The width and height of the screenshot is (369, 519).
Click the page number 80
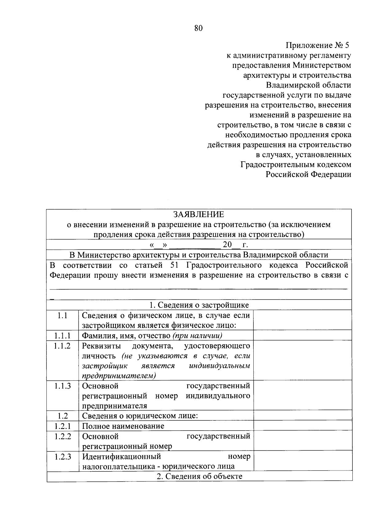pos(198,28)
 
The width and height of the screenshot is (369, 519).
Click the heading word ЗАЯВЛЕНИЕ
pos(198,214)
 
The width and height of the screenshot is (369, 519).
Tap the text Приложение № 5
pos(318,45)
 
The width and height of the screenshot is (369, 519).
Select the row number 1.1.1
pos(62,336)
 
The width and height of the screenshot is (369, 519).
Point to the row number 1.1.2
pos(62,346)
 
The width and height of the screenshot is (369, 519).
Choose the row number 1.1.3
pos(62,386)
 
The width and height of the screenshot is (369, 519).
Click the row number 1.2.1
pos(62,426)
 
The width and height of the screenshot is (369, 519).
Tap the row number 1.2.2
pos(62,436)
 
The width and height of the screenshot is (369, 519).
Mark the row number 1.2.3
pos(62,457)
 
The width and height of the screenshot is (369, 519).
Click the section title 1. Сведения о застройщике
pos(199,305)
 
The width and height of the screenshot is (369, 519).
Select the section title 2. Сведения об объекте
pos(199,476)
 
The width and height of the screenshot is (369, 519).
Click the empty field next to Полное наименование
pos(303,426)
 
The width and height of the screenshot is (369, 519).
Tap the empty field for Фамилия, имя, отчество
pos(303,336)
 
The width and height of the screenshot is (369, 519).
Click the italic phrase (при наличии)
pos(197,336)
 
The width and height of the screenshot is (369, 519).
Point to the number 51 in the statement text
pos(174,265)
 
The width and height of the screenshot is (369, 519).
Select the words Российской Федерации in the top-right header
pos(308,175)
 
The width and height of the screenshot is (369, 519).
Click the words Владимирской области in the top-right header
pos(308,85)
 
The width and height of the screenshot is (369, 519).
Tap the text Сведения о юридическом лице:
pos(140,416)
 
